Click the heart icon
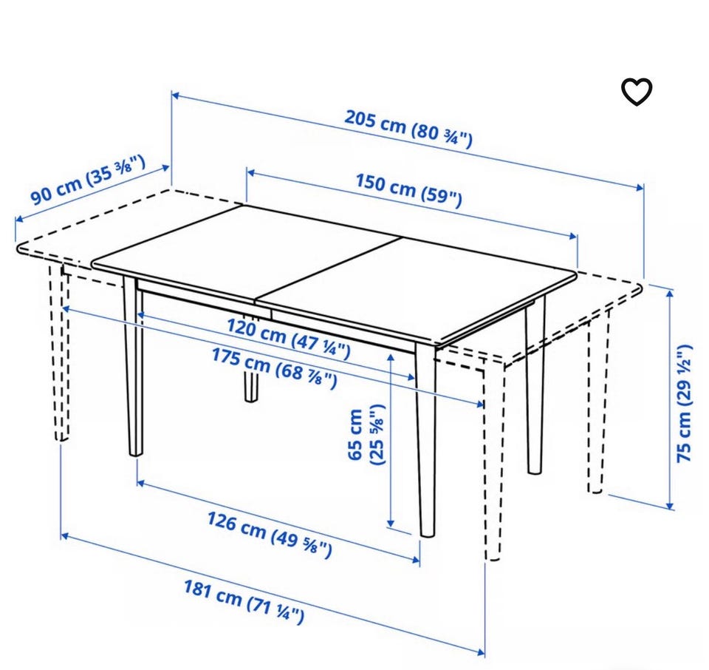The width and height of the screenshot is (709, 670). pos(636,92)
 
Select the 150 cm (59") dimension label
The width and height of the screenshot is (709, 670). pos(409,190)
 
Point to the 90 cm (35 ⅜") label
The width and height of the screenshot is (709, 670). pos(88,180)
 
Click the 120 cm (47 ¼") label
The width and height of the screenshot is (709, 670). pos(288,338)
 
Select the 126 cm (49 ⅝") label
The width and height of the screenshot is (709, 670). pos(270,534)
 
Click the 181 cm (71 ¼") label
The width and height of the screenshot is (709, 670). pos(244,601)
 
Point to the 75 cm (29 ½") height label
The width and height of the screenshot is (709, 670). pos(685,403)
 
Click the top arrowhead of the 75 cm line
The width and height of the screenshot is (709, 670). pos(671,293)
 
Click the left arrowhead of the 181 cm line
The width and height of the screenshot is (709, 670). pos(65,536)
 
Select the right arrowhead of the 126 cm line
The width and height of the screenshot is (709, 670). pos(416,561)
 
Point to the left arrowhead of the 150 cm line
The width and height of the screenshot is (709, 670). pos(251,173)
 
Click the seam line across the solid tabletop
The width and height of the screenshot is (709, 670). pos(328,269)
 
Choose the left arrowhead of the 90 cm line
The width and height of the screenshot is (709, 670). pos(19,219)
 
